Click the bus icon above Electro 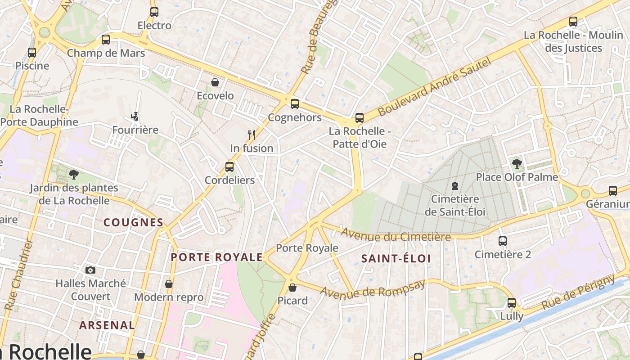coord(154,12)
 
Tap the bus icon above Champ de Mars coord(106,40)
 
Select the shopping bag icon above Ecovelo coord(215,82)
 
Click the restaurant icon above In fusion coord(252,135)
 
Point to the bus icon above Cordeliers coord(229,167)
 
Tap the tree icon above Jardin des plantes coord(73,174)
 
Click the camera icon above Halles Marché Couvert coord(90,270)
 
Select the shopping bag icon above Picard coord(292,287)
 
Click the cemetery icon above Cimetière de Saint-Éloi coord(455,185)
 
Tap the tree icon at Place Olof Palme coord(517,164)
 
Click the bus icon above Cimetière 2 coord(503,241)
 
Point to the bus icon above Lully coord(512,303)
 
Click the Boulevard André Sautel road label coord(434,87)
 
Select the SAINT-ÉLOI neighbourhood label coord(396,258)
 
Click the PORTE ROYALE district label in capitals coord(216,257)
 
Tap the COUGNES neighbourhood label coord(133,222)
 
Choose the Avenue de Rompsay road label coord(373,288)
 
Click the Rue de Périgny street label coord(578,292)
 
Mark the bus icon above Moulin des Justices coord(573,21)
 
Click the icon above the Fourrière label coord(135,117)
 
